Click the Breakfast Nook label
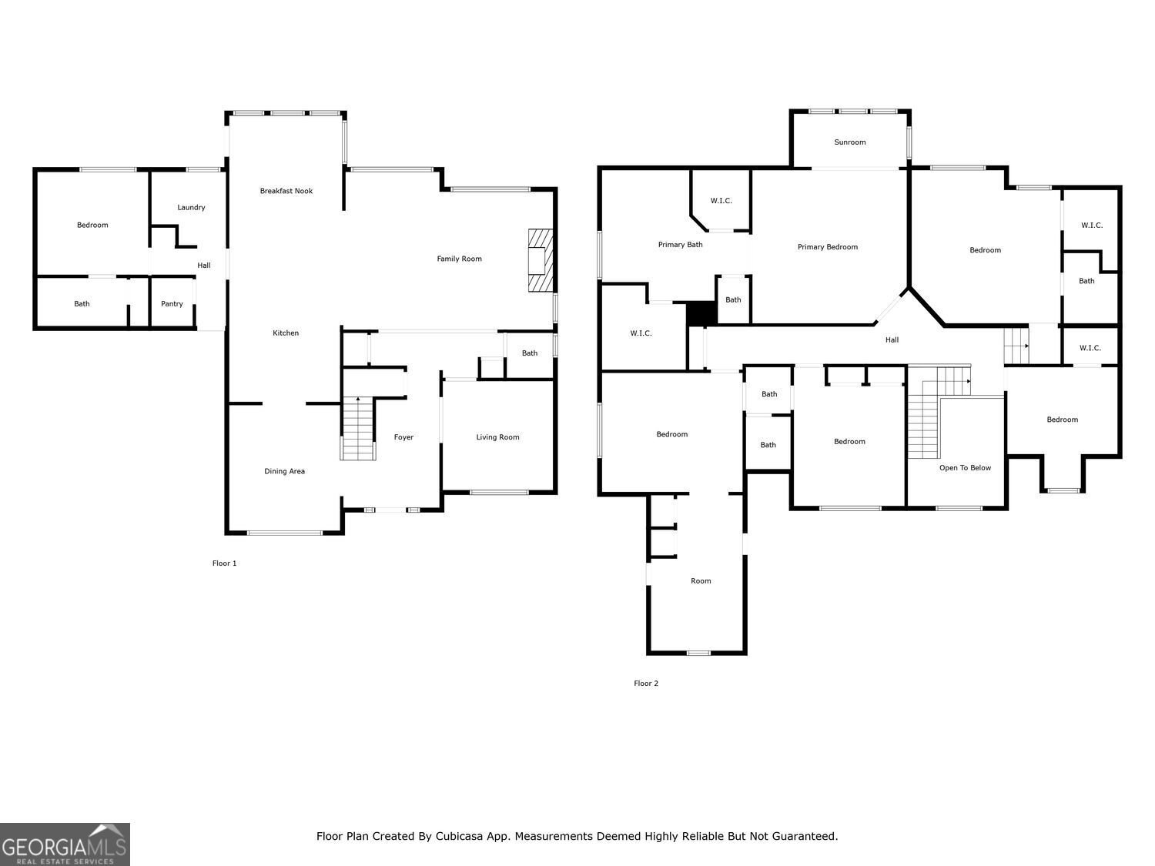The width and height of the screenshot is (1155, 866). [286, 191]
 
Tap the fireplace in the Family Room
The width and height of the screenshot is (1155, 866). [541, 260]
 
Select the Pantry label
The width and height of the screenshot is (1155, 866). [172, 304]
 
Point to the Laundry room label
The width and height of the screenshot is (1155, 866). [191, 208]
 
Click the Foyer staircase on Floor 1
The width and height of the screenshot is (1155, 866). [358, 429]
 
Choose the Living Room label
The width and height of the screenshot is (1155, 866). [497, 437]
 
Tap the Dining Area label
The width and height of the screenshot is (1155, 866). [285, 471]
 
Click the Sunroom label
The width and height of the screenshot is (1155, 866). [850, 142]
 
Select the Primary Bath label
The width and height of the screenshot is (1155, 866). [681, 245]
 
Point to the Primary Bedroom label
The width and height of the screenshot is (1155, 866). [828, 247]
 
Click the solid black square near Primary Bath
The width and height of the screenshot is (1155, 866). [701, 313]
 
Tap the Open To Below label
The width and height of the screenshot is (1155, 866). [965, 468]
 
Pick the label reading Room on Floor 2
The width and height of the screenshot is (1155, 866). [701, 581]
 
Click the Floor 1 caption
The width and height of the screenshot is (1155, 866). [225, 563]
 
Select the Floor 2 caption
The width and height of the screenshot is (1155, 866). [646, 684]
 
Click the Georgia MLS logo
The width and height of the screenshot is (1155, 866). [65, 844]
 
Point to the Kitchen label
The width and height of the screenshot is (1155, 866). [286, 333]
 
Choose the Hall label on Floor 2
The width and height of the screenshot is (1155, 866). [892, 340]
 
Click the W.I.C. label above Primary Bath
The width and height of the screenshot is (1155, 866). [721, 201]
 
